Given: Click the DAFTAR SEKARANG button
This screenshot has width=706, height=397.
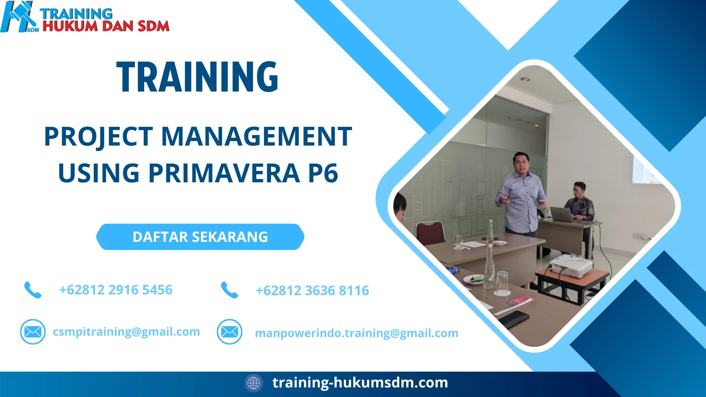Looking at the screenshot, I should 200,237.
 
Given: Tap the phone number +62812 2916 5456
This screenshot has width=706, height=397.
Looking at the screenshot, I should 115,290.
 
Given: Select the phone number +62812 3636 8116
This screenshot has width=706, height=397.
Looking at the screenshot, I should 312,291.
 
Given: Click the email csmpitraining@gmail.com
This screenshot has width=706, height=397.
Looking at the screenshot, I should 126,332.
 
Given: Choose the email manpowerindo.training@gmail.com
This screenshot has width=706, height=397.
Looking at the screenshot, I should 356,333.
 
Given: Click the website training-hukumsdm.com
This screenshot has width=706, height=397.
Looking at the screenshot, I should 360,383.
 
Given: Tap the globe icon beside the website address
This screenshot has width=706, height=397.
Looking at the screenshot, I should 253,383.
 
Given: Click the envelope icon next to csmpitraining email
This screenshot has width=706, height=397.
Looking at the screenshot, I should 33,332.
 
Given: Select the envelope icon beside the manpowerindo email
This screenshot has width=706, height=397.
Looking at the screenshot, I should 229,332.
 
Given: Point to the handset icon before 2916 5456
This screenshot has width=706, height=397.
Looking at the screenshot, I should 33,290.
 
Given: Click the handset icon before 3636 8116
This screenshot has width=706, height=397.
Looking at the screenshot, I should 229,290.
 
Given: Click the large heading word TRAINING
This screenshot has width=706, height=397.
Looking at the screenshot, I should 197,77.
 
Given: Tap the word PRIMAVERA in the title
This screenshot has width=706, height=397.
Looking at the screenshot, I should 224,173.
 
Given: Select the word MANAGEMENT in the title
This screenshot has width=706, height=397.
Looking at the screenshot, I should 256,136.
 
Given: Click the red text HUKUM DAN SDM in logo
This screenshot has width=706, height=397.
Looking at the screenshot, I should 106,26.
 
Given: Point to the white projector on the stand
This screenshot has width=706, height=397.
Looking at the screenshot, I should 571,265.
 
